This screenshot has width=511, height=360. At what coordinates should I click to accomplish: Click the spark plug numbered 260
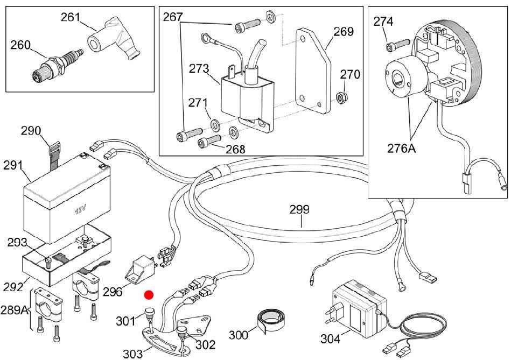pyautogui.click(x=58, y=65)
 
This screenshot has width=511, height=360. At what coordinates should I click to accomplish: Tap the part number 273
pyautogui.click(x=199, y=69)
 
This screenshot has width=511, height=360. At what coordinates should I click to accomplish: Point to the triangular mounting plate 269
pyautogui.click(x=313, y=70)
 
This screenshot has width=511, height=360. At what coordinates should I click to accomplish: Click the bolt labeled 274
pyautogui.click(x=397, y=45)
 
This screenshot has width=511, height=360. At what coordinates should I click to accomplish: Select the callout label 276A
pyautogui.click(x=402, y=149)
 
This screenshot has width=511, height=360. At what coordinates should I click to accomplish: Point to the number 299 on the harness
pyautogui.click(x=299, y=209)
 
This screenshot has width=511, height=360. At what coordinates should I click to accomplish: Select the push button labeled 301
pyautogui.click(x=150, y=312)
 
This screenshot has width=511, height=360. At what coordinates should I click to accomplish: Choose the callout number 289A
pyautogui.click(x=14, y=310)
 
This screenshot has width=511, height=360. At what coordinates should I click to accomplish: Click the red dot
pyautogui.click(x=149, y=295)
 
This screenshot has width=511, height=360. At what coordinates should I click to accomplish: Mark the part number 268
pyautogui.click(x=235, y=149)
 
